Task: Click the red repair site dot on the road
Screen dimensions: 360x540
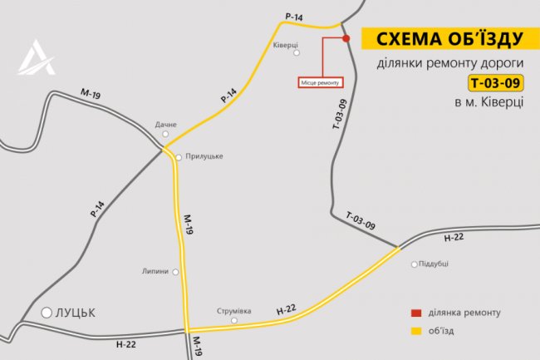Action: (346, 37)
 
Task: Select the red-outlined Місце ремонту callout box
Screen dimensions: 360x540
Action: (319, 82)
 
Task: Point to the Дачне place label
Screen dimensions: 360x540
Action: (166, 125)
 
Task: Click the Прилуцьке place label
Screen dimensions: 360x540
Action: (204, 155)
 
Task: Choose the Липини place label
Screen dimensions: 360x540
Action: (155, 271)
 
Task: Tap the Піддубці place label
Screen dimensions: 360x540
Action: (434, 264)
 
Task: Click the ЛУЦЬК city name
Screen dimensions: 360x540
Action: (76, 313)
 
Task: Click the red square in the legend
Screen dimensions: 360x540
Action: (415, 313)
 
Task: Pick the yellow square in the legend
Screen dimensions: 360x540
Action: (415, 331)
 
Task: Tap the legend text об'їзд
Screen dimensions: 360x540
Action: (446, 331)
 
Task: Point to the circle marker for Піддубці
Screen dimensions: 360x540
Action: (415, 264)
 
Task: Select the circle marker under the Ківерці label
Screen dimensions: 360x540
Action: (297, 55)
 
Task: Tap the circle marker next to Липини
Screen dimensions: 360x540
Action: (175, 272)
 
